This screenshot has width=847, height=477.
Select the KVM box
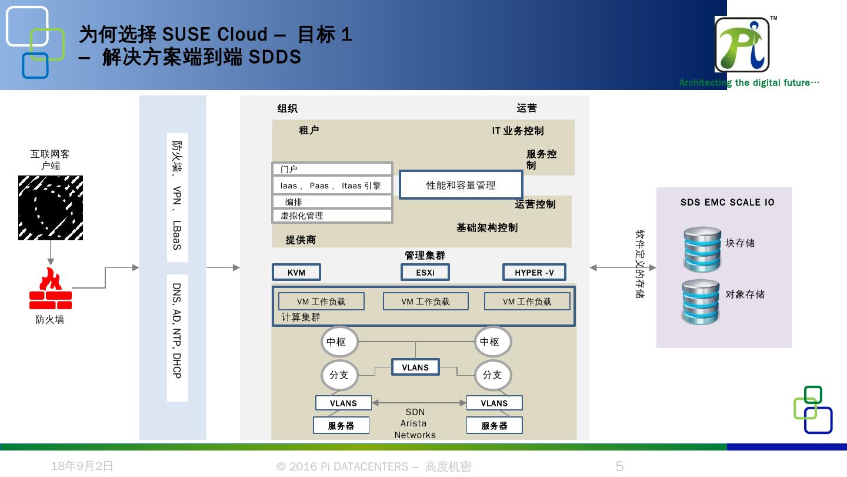pos(296,272)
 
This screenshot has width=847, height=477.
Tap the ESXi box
pos(425,272)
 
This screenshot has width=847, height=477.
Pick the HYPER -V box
pos(534,272)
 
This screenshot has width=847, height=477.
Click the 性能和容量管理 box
pos(461,185)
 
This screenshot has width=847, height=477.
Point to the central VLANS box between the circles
pos(415,367)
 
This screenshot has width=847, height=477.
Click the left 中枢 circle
pos(339,342)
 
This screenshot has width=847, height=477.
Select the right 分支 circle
pos(492,375)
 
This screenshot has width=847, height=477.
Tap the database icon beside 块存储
pos(702,249)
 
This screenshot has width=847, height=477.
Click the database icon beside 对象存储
pos(701,302)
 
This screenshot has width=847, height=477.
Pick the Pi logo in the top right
pos(742,45)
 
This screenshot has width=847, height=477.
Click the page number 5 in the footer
pos(619,466)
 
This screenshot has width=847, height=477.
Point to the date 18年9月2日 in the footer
pos(82,466)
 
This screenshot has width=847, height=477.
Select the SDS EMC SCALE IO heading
pos(727,203)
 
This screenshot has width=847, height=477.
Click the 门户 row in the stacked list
pos(332,170)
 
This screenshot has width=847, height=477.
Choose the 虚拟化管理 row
pos(332,216)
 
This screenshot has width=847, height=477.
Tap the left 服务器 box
pos(341,426)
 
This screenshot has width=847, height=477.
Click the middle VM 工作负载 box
pos(425,302)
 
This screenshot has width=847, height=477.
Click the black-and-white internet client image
pos(51,208)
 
